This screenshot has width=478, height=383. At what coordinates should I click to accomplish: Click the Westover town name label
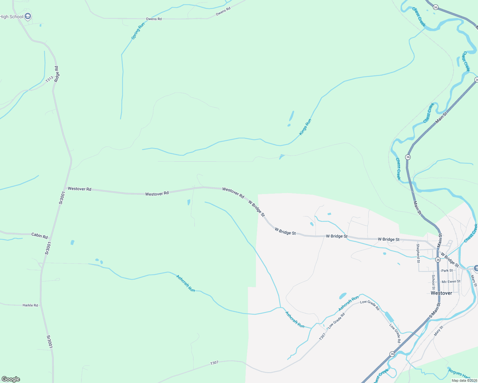(441, 293)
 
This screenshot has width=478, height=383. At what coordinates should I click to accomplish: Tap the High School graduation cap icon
(28, 16)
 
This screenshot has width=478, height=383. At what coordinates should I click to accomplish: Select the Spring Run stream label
(138, 31)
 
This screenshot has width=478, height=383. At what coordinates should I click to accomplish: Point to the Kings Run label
(305, 127)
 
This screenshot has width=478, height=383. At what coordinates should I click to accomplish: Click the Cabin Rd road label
(40, 236)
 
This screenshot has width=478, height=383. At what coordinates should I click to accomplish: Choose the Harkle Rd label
(30, 305)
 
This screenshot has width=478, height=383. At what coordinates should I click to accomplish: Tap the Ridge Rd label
(57, 74)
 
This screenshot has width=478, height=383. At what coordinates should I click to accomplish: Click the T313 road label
(49, 79)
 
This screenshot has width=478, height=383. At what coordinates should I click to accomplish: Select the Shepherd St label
(418, 253)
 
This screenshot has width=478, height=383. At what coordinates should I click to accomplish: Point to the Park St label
(447, 271)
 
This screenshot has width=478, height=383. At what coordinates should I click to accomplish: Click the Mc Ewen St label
(451, 282)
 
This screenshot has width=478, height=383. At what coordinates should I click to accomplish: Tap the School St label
(433, 280)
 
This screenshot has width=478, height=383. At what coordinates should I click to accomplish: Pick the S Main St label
(435, 311)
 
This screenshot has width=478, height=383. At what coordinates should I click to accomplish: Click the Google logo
(11, 379)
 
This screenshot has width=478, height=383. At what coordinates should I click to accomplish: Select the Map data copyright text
(464, 380)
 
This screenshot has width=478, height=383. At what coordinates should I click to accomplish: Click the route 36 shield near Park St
(438, 260)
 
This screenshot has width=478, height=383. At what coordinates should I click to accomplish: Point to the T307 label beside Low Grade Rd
(322, 336)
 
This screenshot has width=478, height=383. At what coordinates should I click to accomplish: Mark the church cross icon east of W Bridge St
(476, 268)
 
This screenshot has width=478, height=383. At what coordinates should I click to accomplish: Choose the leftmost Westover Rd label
(80, 189)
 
